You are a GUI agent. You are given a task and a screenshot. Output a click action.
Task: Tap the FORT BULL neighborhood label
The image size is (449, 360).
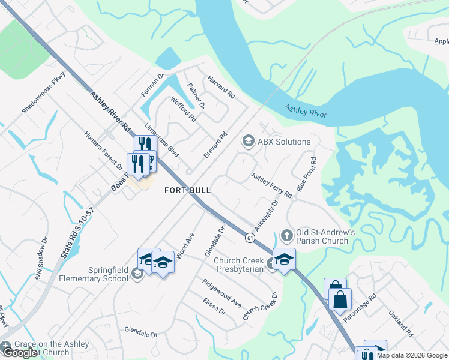tap(188, 190)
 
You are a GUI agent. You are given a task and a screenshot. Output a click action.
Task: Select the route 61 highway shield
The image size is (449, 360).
tap(249, 238)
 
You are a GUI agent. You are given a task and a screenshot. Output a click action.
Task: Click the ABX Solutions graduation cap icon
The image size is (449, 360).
tap(247, 142)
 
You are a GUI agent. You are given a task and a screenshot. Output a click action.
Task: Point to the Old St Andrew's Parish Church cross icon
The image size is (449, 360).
tap(286, 235)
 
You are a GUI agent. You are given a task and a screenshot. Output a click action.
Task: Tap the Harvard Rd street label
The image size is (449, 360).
tap(221, 88)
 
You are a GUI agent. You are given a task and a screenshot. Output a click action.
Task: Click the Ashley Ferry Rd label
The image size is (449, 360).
tap(271, 185)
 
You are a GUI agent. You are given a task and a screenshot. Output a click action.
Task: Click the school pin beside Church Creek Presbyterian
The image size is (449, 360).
tap(284, 259)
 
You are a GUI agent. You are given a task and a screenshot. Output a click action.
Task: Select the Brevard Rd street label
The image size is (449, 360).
tap(215, 145)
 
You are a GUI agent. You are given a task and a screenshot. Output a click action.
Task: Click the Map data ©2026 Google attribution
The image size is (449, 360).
tap(411, 355)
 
